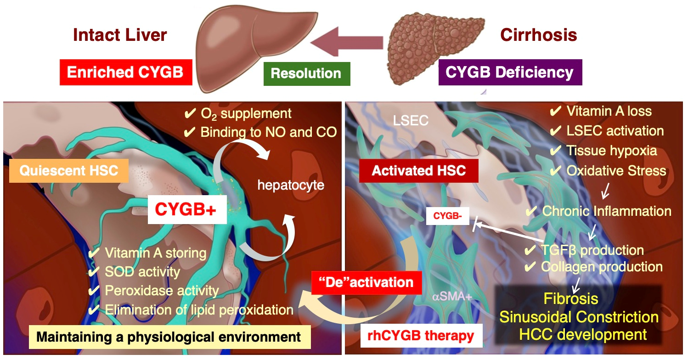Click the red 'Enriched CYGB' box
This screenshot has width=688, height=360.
pos(125,72)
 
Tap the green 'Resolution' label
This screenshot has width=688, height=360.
pos(306,73)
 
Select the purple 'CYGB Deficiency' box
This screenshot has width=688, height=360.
pos(510,72)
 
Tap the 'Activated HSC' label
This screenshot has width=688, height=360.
pos(418,171)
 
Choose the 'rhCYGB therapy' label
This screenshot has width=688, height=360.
pos(421,336)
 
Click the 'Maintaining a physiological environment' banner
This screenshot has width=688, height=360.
pos(169,337)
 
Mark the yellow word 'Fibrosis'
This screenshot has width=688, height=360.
pos(571,298)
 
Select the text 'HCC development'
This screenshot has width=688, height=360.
pos(583,334)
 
